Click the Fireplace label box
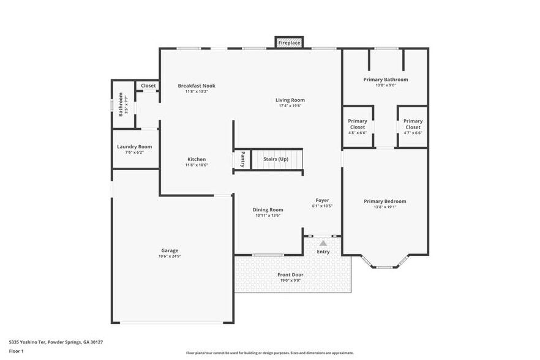coord(289,43)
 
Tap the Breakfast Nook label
coord(197,86)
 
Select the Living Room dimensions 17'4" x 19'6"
coord(290,106)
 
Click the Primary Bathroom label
coord(385,80)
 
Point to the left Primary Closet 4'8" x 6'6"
coord(358,127)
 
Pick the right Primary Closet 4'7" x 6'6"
coord(413,127)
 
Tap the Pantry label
coord(242,159)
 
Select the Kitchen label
coord(197,159)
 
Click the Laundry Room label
coord(135,147)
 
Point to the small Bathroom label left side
coord(121,103)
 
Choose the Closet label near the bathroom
coord(148,86)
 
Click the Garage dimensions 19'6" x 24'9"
coord(170,256)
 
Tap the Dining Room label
coord(268,209)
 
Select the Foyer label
coord(322,200)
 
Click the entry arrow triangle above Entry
coord(323,243)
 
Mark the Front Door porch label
coord(290,275)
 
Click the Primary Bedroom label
coord(384,201)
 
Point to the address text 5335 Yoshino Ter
coord(56,342)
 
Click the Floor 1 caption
coord(16,351)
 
